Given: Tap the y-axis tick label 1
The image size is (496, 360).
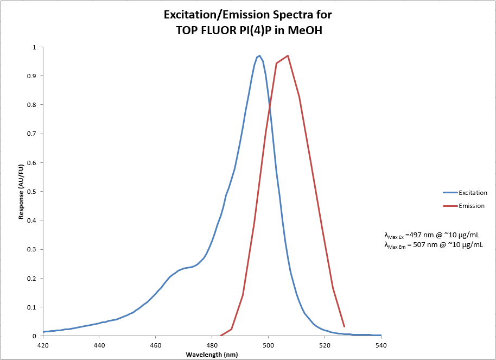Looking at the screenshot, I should tap(35, 47).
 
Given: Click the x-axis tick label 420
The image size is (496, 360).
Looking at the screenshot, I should tap(43, 344).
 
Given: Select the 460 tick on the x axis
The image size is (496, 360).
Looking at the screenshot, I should tap(156, 344).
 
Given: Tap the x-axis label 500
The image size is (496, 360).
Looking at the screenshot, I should tap(268, 344).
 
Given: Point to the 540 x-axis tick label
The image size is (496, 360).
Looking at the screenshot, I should tap(381, 344).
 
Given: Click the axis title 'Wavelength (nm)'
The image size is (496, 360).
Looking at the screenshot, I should tap(212, 354).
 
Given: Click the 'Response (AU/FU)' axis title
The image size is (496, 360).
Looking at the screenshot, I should tap(21, 192).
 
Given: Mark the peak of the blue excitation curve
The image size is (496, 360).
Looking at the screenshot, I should tap(259, 55).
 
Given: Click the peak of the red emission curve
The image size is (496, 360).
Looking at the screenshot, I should tap(288, 55).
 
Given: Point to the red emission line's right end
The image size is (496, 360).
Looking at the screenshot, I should tap(344, 326).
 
